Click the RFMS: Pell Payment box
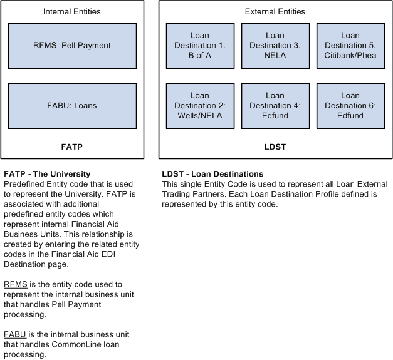click(72, 46)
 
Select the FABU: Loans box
click(72, 106)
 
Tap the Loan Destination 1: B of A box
click(200, 46)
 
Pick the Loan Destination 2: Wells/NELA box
click(200, 106)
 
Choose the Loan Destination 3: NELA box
click(275, 46)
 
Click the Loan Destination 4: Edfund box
click(275, 106)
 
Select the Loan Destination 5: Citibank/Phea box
click(350, 46)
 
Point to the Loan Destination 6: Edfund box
click(350, 106)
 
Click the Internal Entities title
click(71, 12)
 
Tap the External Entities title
click(275, 12)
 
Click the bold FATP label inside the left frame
click(71, 147)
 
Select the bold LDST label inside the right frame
click(275, 147)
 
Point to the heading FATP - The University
click(48, 174)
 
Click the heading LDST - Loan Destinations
click(212, 174)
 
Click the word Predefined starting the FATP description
click(24, 184)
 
